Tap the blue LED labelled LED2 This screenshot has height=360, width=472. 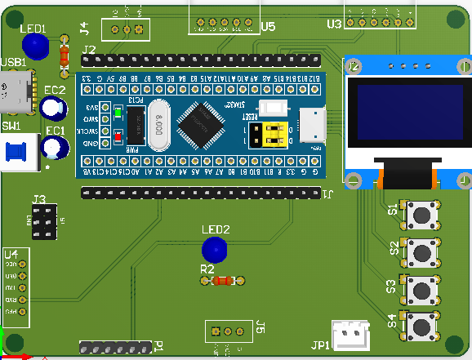point(215,249)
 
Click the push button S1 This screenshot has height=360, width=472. point(422,216)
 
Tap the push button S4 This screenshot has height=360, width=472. point(422,327)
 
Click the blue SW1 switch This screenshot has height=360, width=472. point(16,153)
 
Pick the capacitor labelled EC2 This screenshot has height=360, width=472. point(54,107)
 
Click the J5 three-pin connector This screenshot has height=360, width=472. point(228,331)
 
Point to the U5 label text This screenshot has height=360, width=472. point(269,27)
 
